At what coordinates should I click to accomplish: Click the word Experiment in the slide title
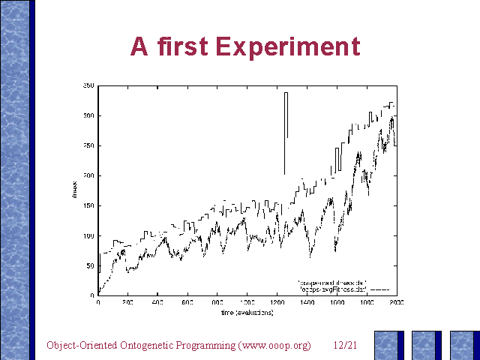[288, 46]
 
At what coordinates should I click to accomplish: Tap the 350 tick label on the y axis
[89, 86]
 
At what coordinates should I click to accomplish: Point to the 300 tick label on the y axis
[89, 116]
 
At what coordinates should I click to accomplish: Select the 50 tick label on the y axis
[91, 265]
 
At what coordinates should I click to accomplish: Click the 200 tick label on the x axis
[128, 303]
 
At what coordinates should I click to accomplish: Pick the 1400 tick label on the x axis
[307, 303]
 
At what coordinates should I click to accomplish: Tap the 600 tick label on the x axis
[187, 303]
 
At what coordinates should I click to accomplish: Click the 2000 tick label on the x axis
[396, 303]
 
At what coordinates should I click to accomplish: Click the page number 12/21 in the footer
[344, 345]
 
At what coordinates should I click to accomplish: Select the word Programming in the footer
[203, 345]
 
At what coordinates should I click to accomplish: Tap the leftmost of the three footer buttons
[388, 346]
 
